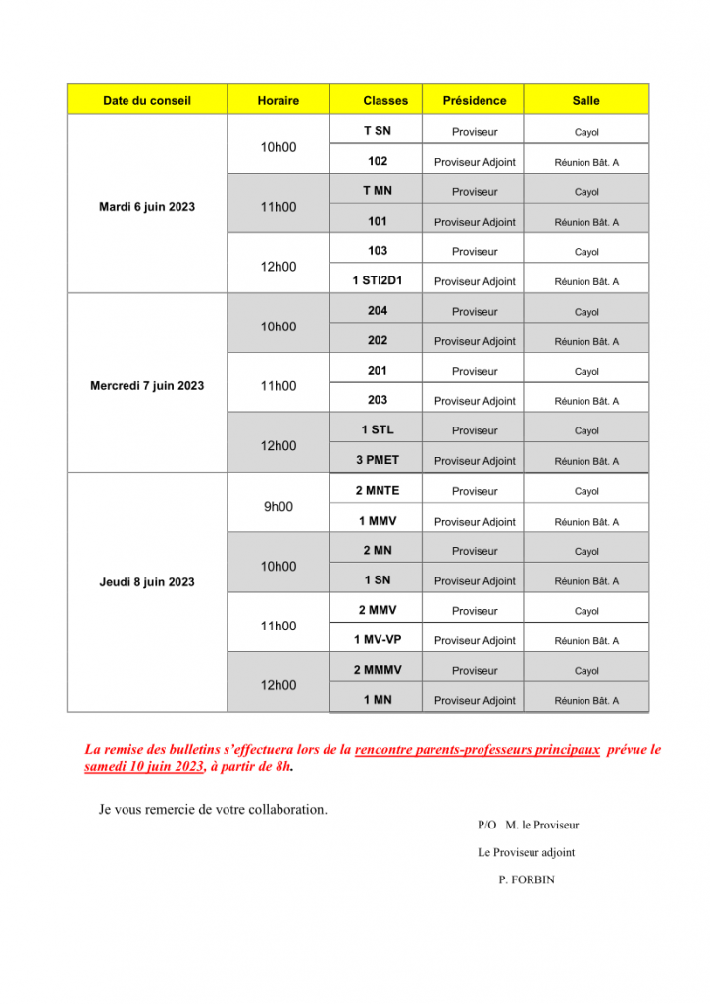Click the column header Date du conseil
147,100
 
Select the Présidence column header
475,100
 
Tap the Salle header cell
586,100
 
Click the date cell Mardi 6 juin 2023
147,207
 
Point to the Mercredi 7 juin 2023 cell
147,386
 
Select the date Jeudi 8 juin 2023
147,582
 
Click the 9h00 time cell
278,507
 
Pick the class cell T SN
378,131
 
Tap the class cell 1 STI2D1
378,280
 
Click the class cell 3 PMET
378,460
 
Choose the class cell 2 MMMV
378,670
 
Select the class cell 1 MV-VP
378,640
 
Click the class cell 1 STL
378,429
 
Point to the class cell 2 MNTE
378,490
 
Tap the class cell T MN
378,191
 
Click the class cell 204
378,311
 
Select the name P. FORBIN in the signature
527,879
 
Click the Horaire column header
278,100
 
